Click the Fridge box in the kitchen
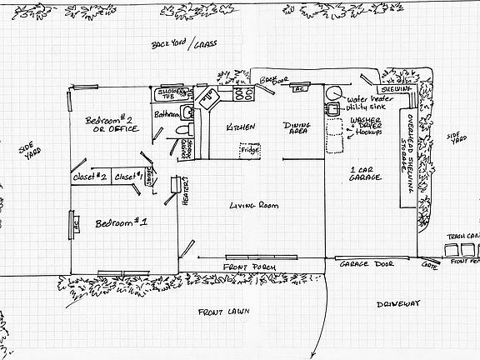pos(249,151)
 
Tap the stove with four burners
pos(242,94)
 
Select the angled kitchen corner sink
pos(207,100)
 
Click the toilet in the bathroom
pos(186,131)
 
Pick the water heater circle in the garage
pos(334,94)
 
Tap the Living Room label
pos(252,205)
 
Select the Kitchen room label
pos(241,127)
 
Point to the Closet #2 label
pos(89,176)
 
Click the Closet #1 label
pos(127,176)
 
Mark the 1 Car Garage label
pos(366,174)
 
